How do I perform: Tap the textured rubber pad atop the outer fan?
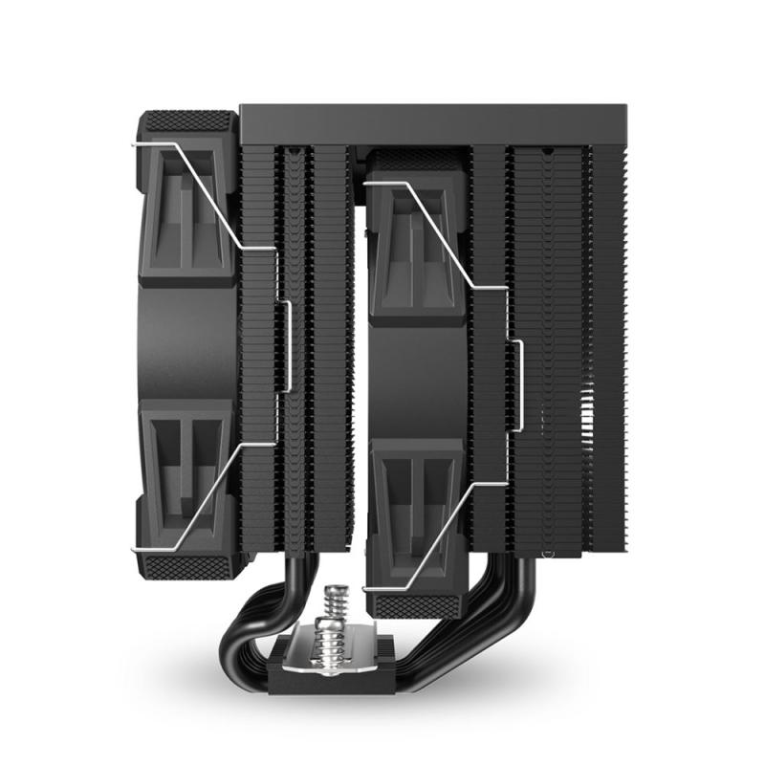point(187,122)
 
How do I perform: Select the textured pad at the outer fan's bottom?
point(187,565)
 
